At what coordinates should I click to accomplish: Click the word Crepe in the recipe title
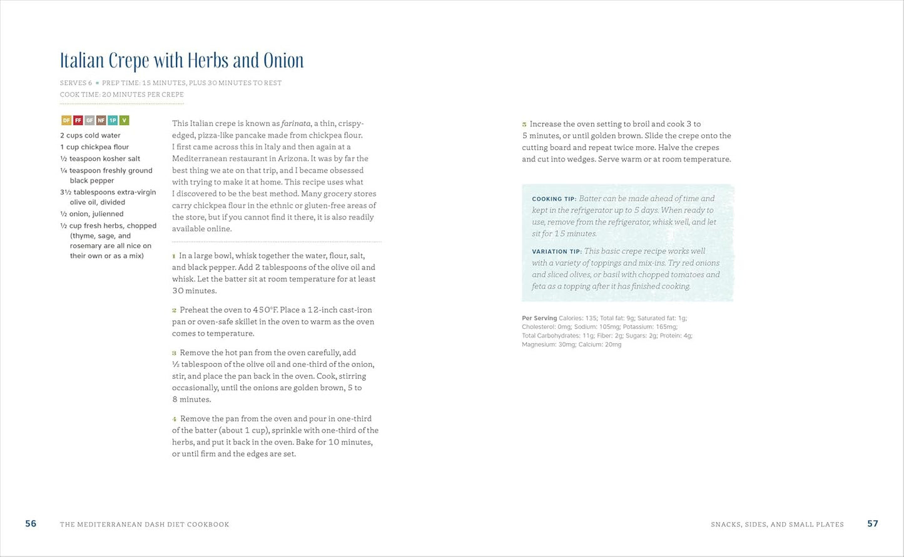point(129,61)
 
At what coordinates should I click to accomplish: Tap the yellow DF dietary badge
point(66,121)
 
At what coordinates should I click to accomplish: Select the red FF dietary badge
point(78,121)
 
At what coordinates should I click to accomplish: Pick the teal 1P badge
point(113,121)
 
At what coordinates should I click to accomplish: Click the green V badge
point(124,121)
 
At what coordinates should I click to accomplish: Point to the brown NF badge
point(101,121)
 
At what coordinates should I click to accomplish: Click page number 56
point(31,524)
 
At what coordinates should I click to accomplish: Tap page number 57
point(873,524)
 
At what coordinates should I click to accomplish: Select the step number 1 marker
point(174,256)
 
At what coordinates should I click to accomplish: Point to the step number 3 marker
point(174,353)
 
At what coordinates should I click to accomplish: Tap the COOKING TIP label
point(554,199)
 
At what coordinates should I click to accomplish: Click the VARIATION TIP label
point(556,252)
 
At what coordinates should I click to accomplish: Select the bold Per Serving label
point(539,318)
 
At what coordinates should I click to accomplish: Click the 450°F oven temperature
point(265,310)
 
